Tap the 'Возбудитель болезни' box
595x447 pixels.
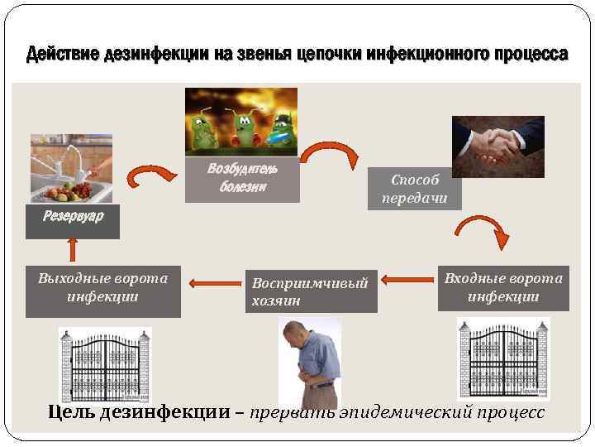pyautogui.click(x=242, y=178)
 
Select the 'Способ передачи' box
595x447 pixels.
pyautogui.click(x=415, y=188)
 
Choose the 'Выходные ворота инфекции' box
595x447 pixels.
pyautogui.click(x=103, y=291)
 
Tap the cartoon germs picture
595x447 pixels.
pyautogui.click(x=240, y=122)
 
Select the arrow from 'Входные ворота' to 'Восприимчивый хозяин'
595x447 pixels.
pyautogui.click(x=407, y=278)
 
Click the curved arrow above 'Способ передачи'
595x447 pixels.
pyautogui.click(x=329, y=154)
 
